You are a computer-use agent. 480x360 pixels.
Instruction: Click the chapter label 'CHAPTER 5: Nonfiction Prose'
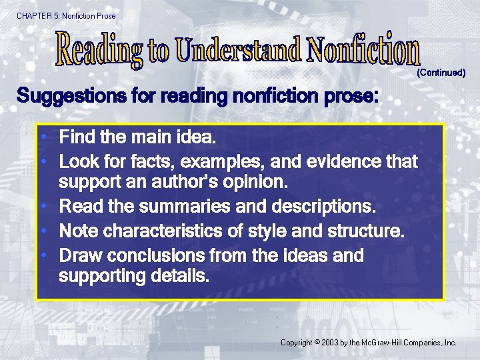(66, 15)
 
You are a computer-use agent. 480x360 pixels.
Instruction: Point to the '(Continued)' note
(441, 72)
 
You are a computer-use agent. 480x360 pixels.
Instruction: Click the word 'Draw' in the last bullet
(81, 255)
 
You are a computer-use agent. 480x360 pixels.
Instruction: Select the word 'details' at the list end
(178, 275)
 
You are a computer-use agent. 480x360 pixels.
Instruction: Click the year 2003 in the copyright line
(329, 343)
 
